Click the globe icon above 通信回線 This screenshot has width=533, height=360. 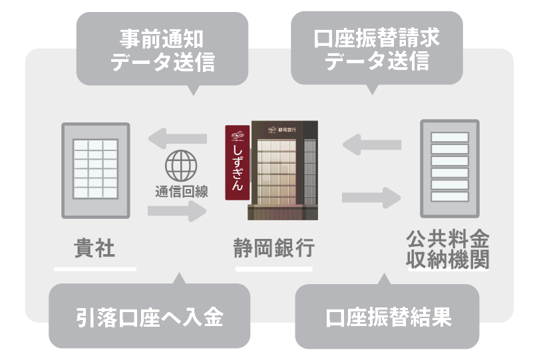181,166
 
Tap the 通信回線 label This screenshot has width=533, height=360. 182,192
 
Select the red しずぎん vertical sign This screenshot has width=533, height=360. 238,162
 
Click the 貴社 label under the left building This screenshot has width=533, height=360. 94,248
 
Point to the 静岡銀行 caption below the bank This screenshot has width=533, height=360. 273,248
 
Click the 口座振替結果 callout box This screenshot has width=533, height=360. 387,315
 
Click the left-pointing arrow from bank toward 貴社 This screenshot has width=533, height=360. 178,138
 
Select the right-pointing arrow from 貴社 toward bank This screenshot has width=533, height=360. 177,211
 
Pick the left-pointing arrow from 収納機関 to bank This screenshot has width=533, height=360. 372,145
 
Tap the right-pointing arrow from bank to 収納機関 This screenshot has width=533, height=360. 371,198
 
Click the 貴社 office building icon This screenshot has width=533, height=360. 96,170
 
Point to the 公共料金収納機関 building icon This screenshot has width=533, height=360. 450,168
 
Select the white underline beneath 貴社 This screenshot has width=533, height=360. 95,270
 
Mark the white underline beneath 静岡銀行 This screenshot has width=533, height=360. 273,270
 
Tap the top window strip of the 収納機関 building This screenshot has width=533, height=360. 450,137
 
